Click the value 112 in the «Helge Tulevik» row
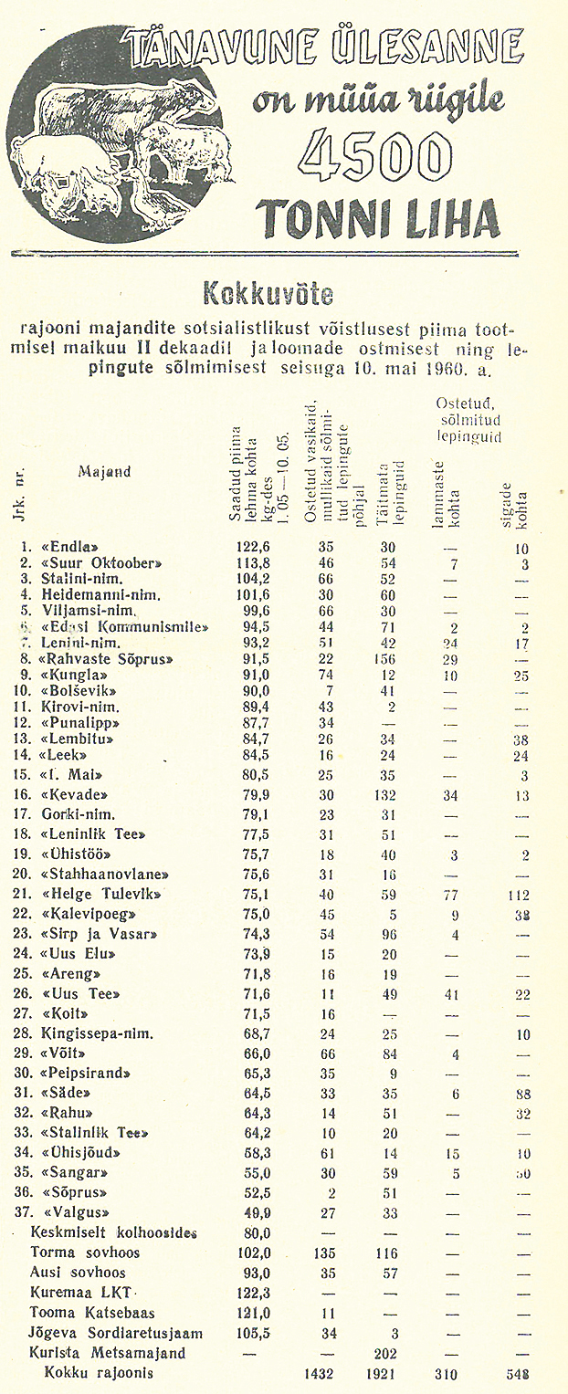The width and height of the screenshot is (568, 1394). (518, 895)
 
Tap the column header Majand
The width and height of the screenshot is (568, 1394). (104, 472)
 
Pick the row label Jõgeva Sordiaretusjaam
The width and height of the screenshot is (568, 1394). (115, 1333)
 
